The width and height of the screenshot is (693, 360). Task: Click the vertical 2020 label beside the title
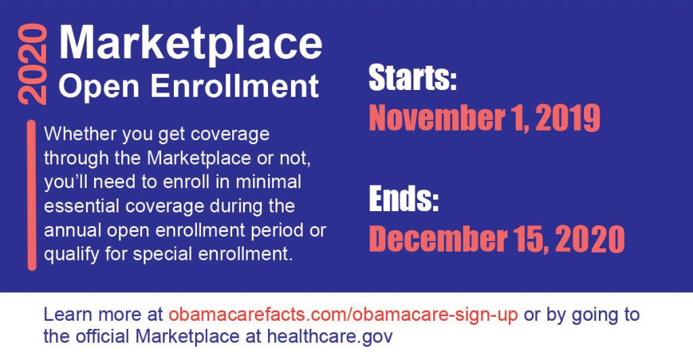pyautogui.click(x=32, y=64)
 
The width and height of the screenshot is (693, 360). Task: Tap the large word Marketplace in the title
pyautogui.click(x=190, y=43)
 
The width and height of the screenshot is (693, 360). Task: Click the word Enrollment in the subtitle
pyautogui.click(x=235, y=85)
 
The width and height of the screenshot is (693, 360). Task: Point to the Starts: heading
pyautogui.click(x=412, y=78)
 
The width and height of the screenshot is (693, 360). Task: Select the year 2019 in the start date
pyautogui.click(x=568, y=118)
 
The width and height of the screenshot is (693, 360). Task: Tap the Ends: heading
pyautogui.click(x=403, y=199)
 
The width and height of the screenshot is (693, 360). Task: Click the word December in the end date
pyautogui.click(x=438, y=239)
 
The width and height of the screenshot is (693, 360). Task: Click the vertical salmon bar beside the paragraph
pyautogui.click(x=32, y=195)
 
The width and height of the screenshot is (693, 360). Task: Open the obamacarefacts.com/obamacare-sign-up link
pyautogui.click(x=343, y=315)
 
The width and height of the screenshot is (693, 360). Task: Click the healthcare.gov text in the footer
pyautogui.click(x=330, y=337)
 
